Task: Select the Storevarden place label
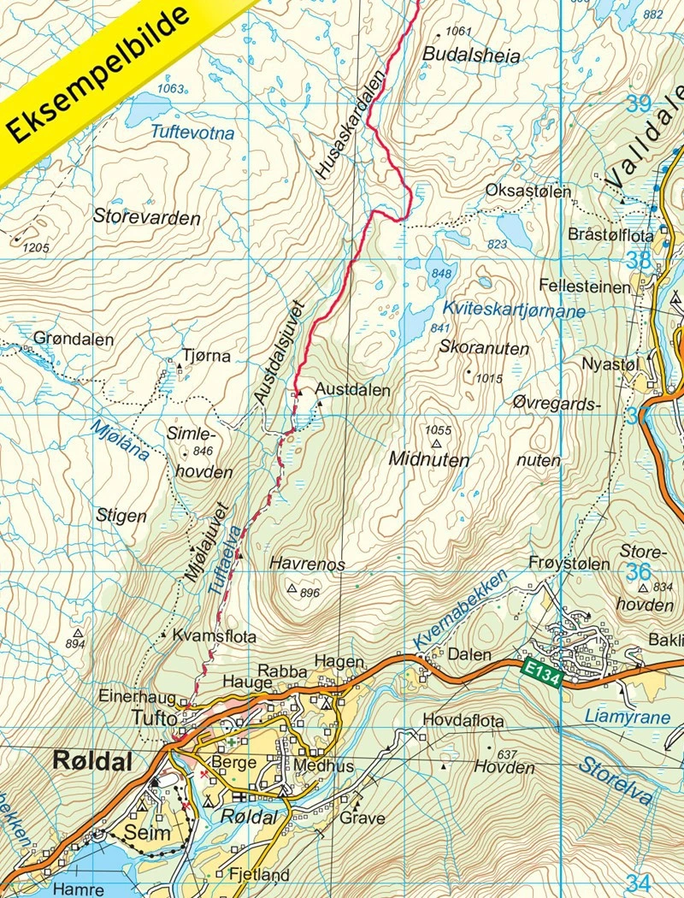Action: click(x=148, y=218)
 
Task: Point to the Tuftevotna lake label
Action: click(x=192, y=133)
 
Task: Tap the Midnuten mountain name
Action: click(x=429, y=460)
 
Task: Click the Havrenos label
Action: click(x=307, y=564)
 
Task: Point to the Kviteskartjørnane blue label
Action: click(x=514, y=310)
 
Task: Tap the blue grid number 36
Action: click(x=638, y=572)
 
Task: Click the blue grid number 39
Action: click(x=638, y=104)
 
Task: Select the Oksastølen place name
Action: click(x=528, y=192)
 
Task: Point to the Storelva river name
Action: click(x=614, y=782)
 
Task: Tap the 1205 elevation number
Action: click(x=32, y=248)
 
